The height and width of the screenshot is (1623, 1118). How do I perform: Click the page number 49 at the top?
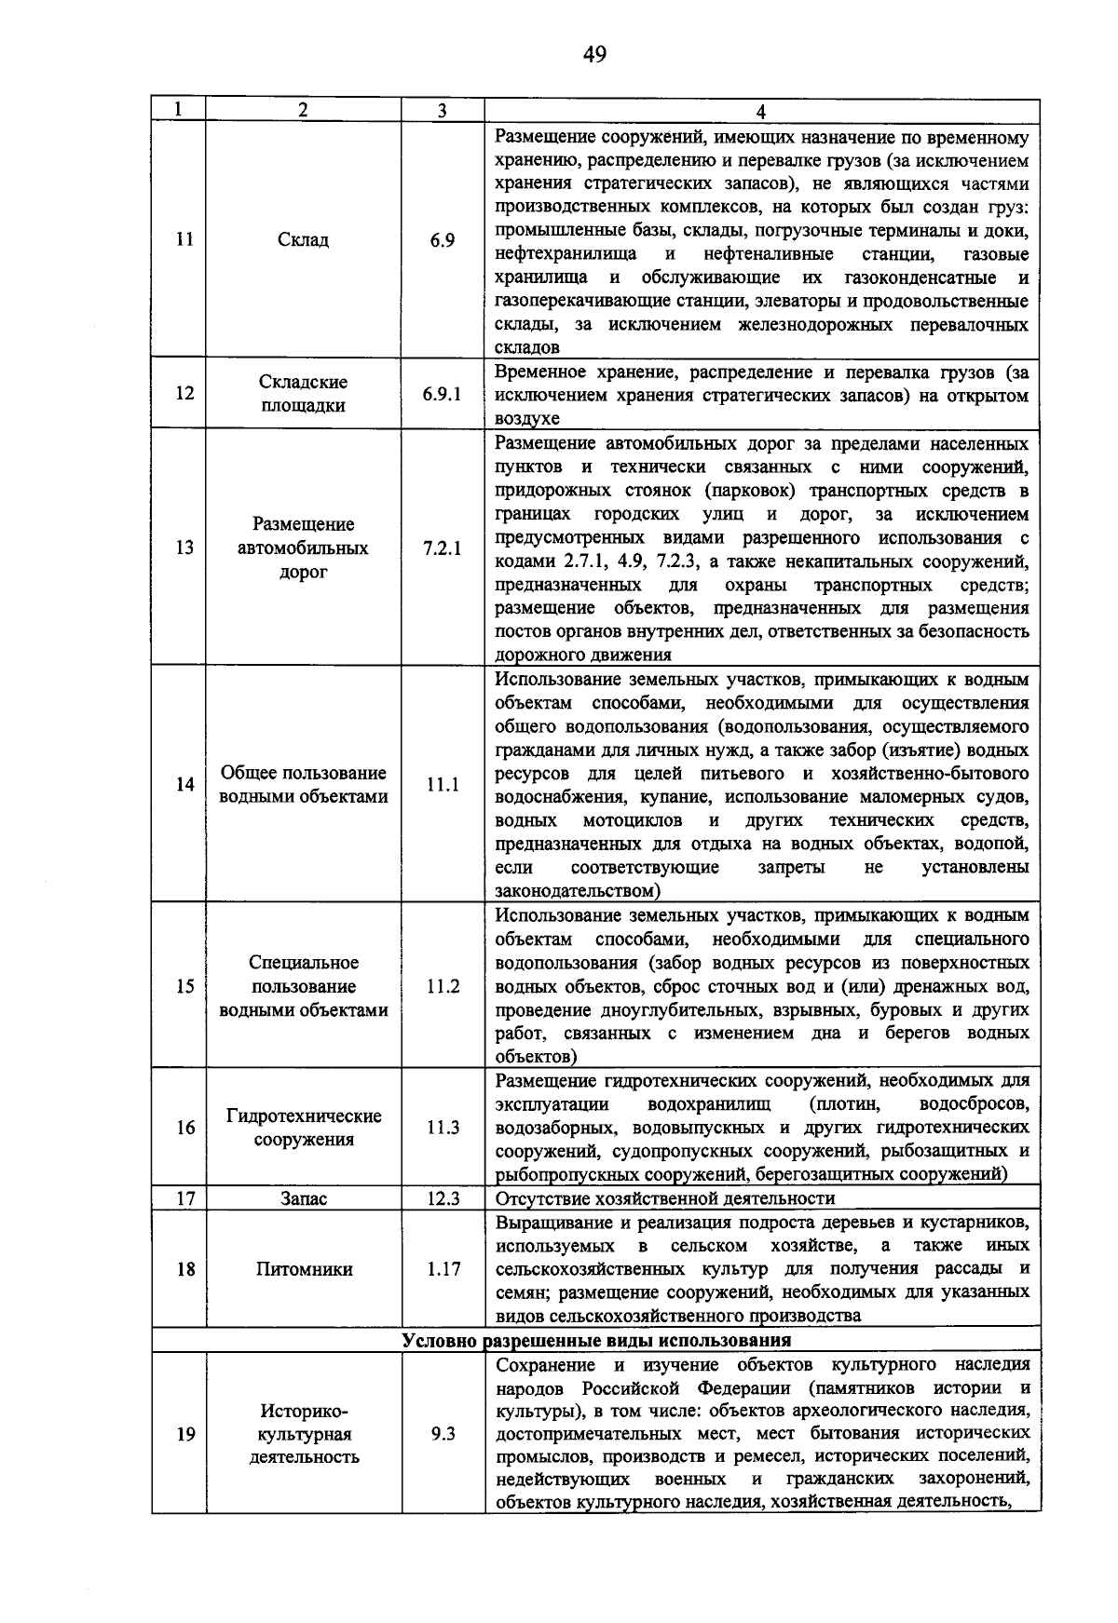point(594,55)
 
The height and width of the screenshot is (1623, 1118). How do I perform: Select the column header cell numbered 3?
point(442,110)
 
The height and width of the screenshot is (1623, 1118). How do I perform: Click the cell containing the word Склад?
point(303,240)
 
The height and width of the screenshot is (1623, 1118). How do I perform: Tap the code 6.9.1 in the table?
point(442,394)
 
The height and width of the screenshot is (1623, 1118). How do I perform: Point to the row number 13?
point(184,548)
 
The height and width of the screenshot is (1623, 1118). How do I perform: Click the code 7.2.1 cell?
point(442,548)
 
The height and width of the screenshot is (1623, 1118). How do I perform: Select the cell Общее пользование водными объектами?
point(303,785)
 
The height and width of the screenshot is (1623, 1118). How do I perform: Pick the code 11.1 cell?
point(443,785)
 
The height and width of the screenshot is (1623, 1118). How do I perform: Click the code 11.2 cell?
point(443,986)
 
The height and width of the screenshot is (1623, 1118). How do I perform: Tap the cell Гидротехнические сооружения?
point(303,1128)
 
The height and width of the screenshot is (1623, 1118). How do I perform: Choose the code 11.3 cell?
point(443,1128)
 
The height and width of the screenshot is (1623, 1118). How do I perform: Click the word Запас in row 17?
point(303,1198)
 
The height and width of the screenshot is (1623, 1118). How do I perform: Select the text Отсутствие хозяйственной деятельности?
point(665,1198)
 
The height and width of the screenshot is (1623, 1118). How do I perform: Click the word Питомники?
point(303,1269)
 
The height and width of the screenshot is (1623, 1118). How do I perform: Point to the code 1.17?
point(443,1269)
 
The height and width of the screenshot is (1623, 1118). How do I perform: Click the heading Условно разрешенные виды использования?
point(596,1341)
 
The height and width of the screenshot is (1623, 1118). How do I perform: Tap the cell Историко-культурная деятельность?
point(303,1434)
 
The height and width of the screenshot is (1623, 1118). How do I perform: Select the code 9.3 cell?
point(443,1434)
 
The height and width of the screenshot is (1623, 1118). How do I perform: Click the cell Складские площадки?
point(303,394)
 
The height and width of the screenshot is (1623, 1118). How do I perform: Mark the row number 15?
point(184,986)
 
